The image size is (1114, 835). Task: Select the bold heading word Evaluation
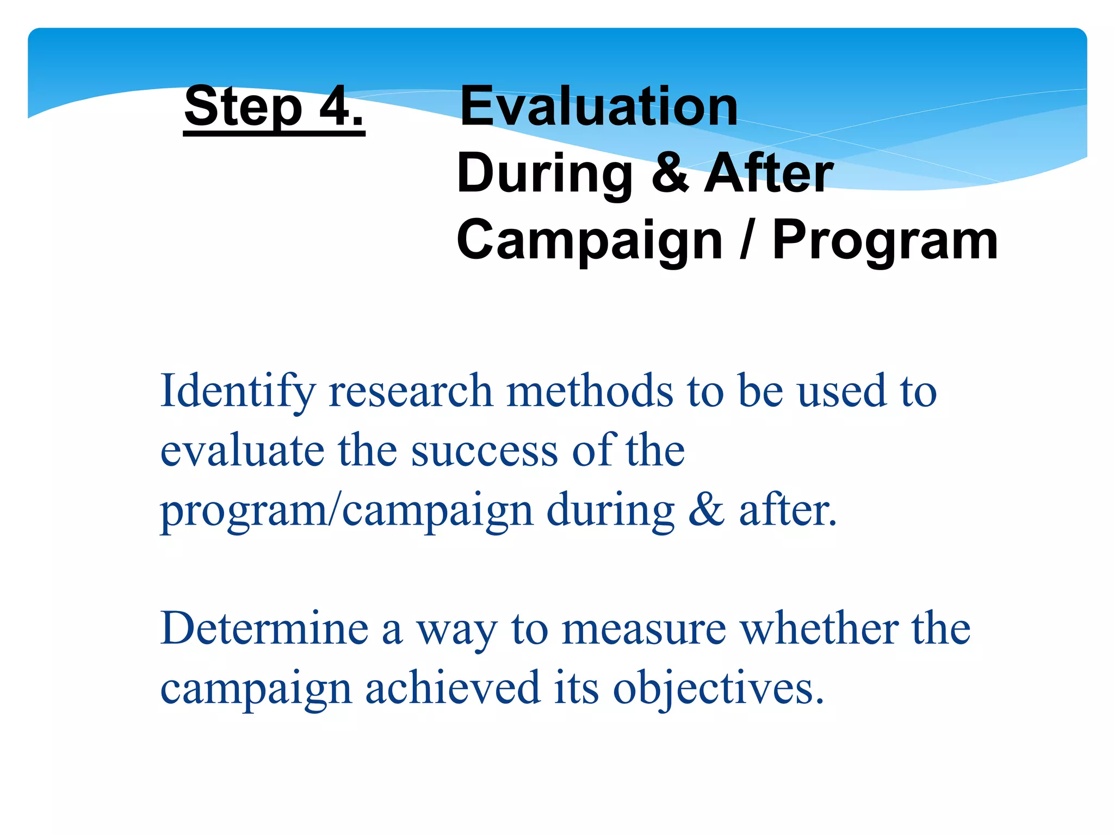599,107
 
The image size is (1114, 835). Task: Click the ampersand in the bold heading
670,173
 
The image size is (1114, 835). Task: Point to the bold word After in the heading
768,173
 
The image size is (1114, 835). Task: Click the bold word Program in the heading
885,240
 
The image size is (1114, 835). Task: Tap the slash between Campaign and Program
747,240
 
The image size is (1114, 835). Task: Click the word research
411,391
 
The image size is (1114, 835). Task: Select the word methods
590,391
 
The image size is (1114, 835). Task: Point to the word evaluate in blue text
242,451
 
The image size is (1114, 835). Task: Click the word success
484,451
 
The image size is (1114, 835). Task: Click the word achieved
453,688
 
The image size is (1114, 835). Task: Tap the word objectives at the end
718,689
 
